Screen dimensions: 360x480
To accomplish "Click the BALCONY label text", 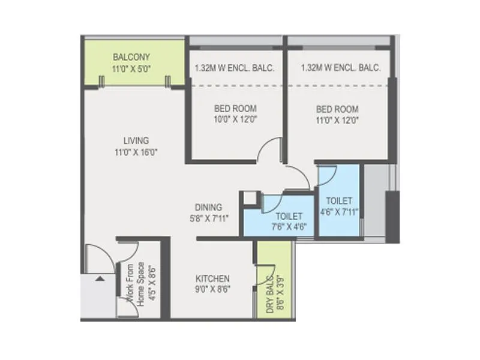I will [x=131, y=58].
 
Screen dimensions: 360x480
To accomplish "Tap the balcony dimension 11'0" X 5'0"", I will [x=131, y=68].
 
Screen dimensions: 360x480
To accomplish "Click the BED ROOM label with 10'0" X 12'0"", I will [x=235, y=109].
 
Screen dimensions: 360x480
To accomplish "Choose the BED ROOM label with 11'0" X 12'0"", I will [x=337, y=109].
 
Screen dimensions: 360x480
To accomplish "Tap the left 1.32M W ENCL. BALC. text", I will [x=235, y=68].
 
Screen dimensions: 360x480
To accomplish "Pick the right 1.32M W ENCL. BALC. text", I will [x=341, y=68].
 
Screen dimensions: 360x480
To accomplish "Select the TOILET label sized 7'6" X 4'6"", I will [x=288, y=215].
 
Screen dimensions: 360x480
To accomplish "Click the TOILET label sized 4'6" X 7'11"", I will [x=339, y=200].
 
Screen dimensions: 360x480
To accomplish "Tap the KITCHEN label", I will [x=213, y=279].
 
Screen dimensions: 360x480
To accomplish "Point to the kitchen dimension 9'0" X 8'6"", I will [x=213, y=289].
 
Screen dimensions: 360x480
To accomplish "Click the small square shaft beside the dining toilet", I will [x=249, y=199].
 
